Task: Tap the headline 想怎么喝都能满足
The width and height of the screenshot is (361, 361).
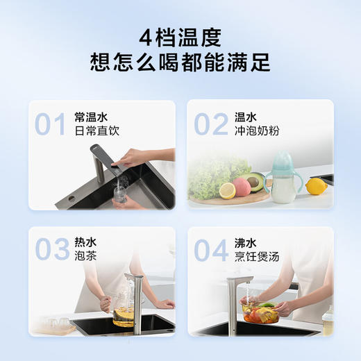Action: click(180, 62)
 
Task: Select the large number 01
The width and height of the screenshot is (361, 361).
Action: click(50, 126)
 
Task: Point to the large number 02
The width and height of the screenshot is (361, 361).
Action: click(210, 124)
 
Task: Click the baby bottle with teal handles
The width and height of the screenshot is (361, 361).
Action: click(283, 181)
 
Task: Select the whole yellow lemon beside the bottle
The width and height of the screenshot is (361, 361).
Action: click(317, 186)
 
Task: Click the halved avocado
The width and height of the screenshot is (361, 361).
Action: click(254, 181)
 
